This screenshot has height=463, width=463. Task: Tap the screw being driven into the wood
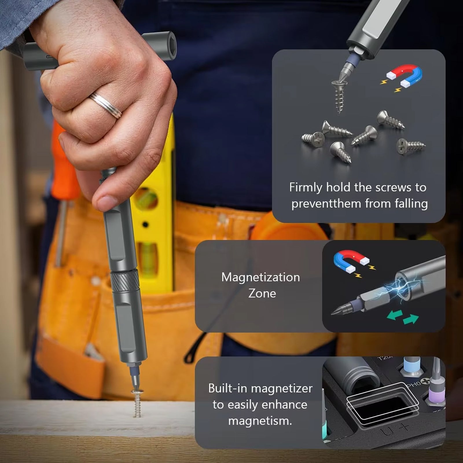pyautogui.click(x=137, y=402)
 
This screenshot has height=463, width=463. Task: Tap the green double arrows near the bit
pyautogui.click(x=403, y=317)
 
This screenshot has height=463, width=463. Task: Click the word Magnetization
pyautogui.click(x=260, y=277)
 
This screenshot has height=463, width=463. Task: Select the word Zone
pyautogui.click(x=262, y=293)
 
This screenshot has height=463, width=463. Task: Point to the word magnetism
pyautogui.click(x=260, y=421)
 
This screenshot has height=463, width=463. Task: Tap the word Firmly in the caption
pyautogui.click(x=306, y=188)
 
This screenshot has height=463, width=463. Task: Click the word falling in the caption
pyautogui.click(x=411, y=204)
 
